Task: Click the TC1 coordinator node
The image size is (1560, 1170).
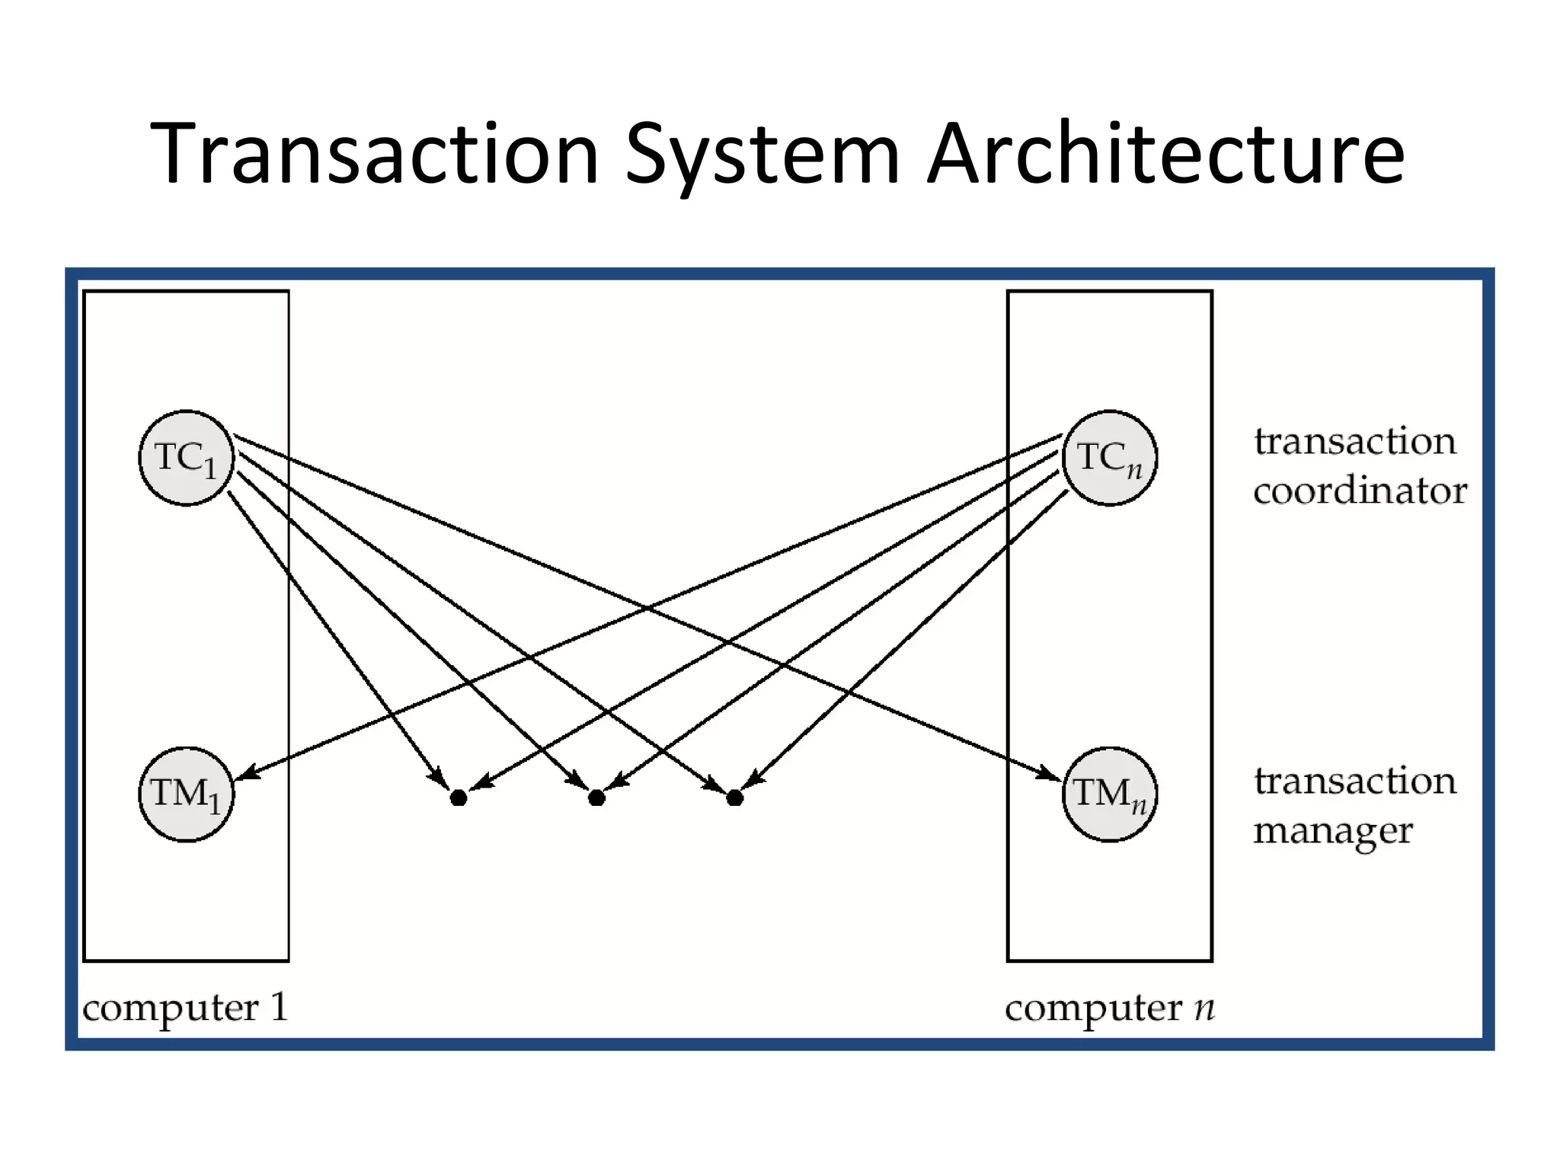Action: click(x=186, y=458)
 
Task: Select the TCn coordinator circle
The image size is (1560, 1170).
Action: click(x=1109, y=458)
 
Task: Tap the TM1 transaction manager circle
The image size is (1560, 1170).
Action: click(x=186, y=794)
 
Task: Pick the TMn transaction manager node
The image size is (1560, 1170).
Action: click(x=1109, y=794)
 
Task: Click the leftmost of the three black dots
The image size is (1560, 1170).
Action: click(x=459, y=798)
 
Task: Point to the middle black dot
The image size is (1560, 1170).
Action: click(x=596, y=798)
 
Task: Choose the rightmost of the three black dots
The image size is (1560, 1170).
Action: click(x=734, y=798)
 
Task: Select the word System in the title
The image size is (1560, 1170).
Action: click(x=762, y=154)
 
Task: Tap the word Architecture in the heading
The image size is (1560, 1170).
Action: click(x=1165, y=154)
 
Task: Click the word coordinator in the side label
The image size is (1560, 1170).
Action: click(x=1360, y=491)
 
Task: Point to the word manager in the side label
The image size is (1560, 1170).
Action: click(x=1333, y=830)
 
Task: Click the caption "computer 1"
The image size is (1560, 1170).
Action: click(x=186, y=1008)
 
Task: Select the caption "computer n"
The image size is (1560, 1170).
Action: click(x=1109, y=1008)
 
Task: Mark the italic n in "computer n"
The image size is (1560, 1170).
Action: click(x=1204, y=1008)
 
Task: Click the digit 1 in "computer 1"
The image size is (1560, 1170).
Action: click(x=279, y=1006)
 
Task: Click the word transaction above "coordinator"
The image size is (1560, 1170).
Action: click(x=1354, y=441)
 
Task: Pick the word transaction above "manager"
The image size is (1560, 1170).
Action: click(x=1354, y=781)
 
